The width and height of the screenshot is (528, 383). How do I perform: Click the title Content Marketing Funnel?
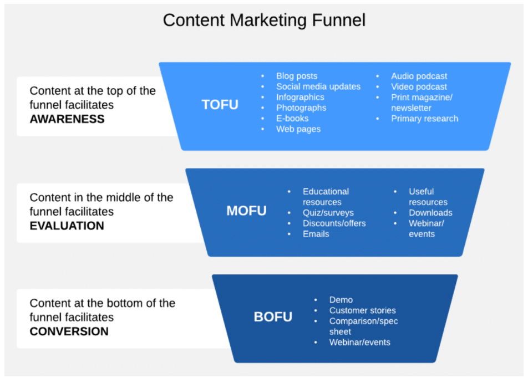click(x=264, y=20)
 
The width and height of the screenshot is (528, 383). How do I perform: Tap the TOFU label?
click(x=220, y=105)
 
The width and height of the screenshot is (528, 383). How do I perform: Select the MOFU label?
click(x=246, y=211)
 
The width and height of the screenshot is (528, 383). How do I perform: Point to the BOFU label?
click(x=273, y=317)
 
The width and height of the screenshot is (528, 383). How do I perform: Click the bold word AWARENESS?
click(x=67, y=119)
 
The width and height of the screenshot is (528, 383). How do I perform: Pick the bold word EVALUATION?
click(x=67, y=226)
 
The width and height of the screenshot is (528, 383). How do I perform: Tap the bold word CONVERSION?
click(x=69, y=331)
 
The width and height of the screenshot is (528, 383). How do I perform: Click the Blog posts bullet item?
click(x=297, y=76)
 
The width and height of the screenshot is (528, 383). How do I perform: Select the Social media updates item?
click(x=318, y=86)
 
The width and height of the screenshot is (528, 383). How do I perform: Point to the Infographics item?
click(x=300, y=97)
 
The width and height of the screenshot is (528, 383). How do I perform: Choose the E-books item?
click(x=292, y=119)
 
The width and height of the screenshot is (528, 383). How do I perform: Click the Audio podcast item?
click(x=419, y=76)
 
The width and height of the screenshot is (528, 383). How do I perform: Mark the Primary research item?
click(x=425, y=119)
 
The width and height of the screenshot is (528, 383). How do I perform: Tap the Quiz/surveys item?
click(x=328, y=213)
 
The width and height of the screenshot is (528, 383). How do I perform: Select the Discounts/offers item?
click(x=334, y=223)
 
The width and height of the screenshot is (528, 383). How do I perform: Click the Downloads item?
click(x=430, y=213)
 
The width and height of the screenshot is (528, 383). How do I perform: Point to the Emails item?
click(x=316, y=234)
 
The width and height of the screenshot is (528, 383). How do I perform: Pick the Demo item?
click(x=341, y=300)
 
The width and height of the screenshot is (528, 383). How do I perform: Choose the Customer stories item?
click(x=362, y=310)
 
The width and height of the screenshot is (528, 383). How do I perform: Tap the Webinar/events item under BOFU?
click(x=359, y=343)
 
